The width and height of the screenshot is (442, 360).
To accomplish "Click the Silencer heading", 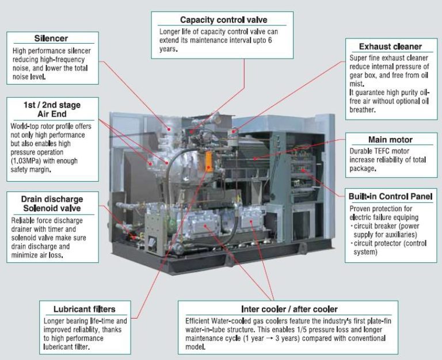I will tap(51, 39).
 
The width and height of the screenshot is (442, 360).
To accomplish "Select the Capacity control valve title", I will tap(223, 20).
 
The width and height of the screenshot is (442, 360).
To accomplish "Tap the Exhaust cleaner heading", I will tap(390, 46).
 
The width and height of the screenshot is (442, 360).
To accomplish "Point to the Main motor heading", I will tap(390, 140).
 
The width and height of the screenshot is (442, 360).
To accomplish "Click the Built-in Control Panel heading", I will tap(390, 196).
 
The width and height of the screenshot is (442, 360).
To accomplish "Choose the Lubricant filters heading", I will tap(84, 309).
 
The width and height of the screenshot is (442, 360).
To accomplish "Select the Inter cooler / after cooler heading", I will tap(289, 309).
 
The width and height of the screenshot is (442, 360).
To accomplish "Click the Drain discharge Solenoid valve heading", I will tap(51, 203).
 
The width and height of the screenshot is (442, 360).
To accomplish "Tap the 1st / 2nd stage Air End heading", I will tap(51, 109).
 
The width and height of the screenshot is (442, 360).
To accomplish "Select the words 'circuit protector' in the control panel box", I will tap(378, 243).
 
